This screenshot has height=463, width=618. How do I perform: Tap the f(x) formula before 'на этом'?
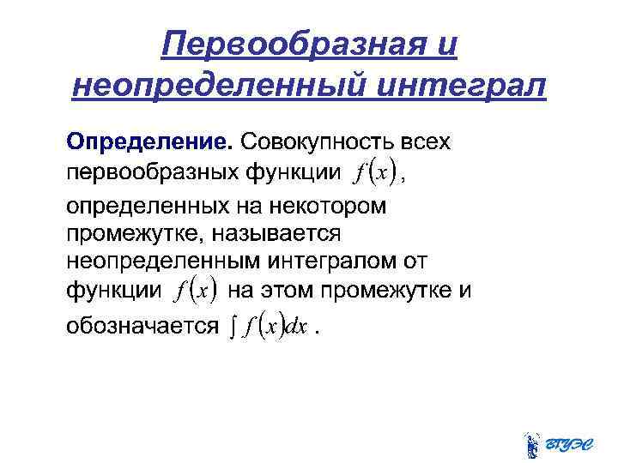(194, 291)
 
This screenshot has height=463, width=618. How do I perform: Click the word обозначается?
(142, 325)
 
